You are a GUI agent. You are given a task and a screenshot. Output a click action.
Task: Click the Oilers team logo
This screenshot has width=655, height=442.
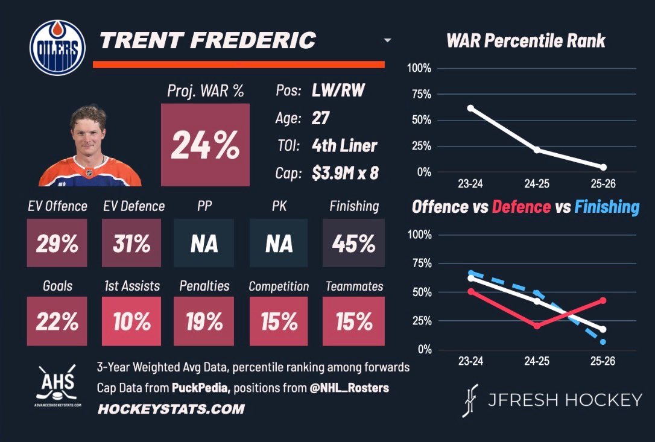(55, 45)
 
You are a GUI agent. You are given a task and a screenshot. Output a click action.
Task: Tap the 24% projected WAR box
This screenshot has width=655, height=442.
(204, 144)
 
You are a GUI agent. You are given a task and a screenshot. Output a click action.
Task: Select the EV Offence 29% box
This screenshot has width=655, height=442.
(57, 243)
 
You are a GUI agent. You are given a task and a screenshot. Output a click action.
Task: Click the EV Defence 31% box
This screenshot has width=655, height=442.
(131, 243)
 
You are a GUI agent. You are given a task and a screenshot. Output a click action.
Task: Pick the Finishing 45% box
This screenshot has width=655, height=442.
(353, 243)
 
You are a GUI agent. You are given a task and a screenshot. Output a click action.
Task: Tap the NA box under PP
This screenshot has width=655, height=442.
(204, 243)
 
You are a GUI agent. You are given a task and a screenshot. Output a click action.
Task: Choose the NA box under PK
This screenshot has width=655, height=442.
(279, 243)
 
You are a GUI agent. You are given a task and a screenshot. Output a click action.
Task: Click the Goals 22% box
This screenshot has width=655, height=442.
(57, 321)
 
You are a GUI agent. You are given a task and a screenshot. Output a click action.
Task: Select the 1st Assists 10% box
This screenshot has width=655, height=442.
(131, 321)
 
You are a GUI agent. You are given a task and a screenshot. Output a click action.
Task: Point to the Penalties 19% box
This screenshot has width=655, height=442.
(204, 321)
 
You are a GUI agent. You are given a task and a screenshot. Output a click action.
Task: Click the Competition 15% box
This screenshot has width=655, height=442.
(279, 321)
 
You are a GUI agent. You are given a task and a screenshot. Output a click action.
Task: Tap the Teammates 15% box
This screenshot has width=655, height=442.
(353, 321)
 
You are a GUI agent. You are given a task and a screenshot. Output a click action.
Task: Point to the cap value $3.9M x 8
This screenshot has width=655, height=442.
(345, 174)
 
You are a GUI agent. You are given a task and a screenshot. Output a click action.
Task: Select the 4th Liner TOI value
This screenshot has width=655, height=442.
(344, 145)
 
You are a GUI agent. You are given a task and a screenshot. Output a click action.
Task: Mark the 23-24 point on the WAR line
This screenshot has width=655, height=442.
(470, 108)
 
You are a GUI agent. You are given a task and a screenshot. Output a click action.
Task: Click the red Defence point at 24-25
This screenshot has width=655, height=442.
(537, 326)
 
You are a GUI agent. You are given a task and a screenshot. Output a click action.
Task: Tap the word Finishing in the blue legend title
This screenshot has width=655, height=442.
(606, 207)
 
